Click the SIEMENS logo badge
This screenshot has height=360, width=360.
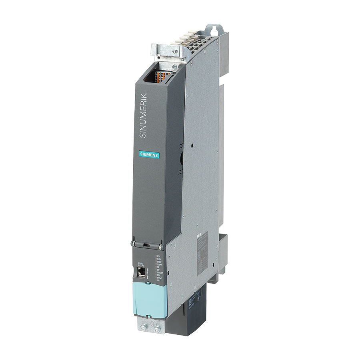pyautogui.click(x=149, y=155)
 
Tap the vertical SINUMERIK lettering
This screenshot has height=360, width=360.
pyautogui.click(x=143, y=116)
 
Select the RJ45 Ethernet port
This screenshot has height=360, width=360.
pyautogui.click(x=141, y=272)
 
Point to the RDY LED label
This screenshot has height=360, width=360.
pyautogui.click(x=159, y=256)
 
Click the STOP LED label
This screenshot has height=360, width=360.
pyautogui.click(x=159, y=262)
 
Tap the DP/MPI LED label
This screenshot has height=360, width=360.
pyautogui.click(x=160, y=273)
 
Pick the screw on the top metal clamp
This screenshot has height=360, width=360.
pyautogui.click(x=174, y=51)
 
